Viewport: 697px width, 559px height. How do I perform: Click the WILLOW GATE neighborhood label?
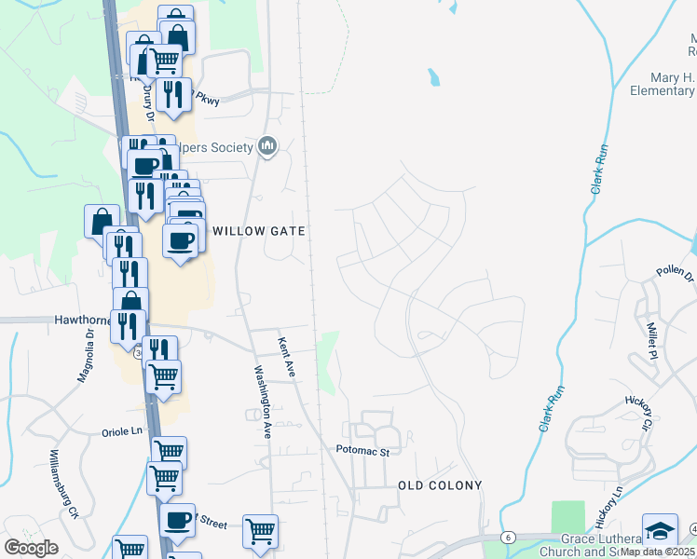(259, 230)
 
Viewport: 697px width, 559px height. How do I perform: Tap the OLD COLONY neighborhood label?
(440, 485)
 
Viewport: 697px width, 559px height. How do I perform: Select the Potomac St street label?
(362, 450)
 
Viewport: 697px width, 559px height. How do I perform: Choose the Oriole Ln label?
(123, 432)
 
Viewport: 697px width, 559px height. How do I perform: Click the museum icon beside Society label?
(268, 146)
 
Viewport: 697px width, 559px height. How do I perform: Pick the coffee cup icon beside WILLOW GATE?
(181, 240)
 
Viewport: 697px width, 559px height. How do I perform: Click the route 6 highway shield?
(508, 537)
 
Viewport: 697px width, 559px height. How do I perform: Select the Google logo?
(31, 548)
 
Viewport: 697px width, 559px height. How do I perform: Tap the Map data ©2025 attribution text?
(658, 551)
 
